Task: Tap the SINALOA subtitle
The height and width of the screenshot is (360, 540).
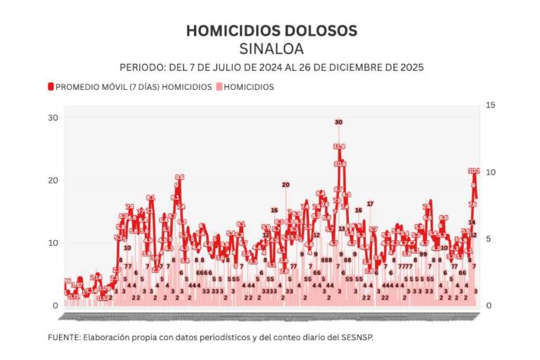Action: click(x=271, y=49)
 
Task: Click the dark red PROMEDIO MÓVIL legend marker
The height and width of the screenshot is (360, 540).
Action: click(x=51, y=87)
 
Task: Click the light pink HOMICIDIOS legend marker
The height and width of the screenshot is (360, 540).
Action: click(x=218, y=87)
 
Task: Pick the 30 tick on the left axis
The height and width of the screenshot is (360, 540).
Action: click(x=53, y=117)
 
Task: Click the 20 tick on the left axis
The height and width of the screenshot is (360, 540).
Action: click(x=53, y=181)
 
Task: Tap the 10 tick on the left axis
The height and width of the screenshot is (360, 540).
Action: click(x=53, y=243)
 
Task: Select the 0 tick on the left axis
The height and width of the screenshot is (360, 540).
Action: click(x=55, y=306)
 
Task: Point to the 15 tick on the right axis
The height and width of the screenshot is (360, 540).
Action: click(x=491, y=105)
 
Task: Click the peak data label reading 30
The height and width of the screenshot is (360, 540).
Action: click(x=338, y=122)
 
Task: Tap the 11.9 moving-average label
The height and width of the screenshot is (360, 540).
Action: click(x=339, y=146)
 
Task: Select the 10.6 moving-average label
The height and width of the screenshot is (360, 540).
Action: click(x=340, y=164)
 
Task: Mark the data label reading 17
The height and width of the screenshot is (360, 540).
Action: click(x=370, y=204)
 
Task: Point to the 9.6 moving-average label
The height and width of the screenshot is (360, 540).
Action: click(x=179, y=177)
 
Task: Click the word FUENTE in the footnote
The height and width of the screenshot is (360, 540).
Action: click(x=63, y=337)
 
